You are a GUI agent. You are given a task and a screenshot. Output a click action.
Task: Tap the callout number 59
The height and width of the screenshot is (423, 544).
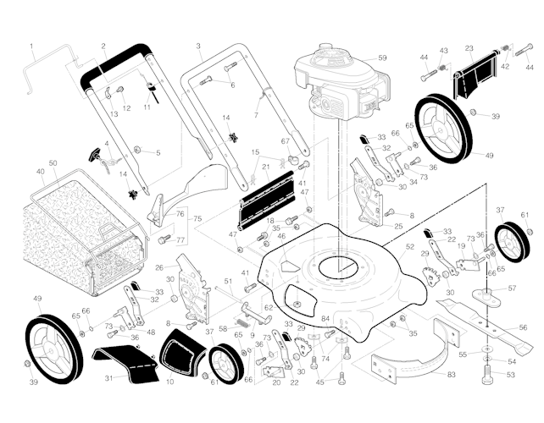[x=381, y=58]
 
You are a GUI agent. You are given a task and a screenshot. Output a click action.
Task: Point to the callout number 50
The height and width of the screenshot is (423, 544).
[x=53, y=162]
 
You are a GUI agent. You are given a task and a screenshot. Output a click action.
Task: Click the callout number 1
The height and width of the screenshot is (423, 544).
[x=31, y=46]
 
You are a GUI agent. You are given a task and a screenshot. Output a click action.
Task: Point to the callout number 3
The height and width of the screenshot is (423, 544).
[x=197, y=46]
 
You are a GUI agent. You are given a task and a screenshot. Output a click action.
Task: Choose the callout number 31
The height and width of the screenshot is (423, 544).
[x=108, y=378]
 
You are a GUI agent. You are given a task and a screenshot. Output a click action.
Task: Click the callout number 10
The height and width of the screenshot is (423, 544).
[x=169, y=382]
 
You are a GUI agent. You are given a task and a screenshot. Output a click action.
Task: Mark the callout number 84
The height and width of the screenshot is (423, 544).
[x=325, y=319]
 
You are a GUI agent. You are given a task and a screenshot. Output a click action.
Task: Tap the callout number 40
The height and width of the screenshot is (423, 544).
[x=40, y=172]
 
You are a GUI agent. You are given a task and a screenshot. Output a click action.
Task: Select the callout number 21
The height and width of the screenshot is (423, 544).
[x=265, y=168]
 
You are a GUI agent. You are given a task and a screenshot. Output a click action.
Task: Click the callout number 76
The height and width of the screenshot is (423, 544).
[x=179, y=214]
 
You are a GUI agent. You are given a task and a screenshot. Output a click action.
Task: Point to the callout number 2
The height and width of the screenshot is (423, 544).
[x=103, y=46]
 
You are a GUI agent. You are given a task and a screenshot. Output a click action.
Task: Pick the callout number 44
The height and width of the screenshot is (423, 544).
[x=424, y=58]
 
